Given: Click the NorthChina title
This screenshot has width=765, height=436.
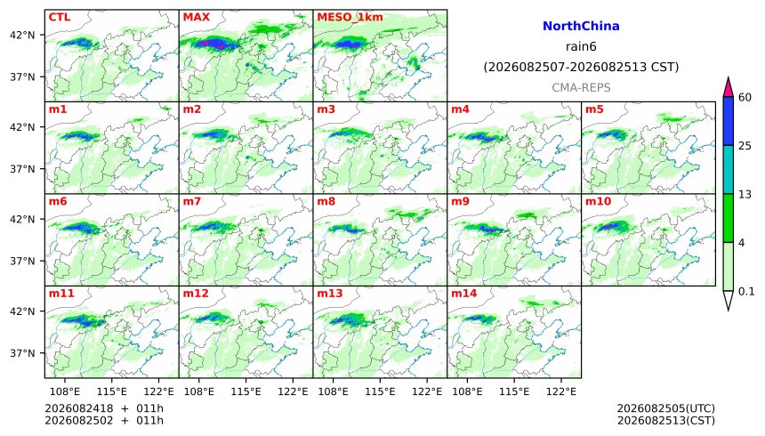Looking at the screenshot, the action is [581, 27].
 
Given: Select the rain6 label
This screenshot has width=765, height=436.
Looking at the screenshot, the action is [581, 47].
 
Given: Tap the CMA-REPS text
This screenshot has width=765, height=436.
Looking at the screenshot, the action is [581, 88].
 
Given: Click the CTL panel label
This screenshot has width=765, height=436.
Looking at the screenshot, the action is [60, 17].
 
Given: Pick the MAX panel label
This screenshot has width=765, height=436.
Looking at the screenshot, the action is [196, 17].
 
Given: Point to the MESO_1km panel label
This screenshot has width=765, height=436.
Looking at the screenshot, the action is [350, 18].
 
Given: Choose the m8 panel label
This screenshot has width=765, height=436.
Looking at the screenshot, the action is [326, 201].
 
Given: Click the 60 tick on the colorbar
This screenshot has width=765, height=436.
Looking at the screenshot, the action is [745, 98].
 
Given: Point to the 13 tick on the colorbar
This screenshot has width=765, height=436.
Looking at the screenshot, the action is [745, 194].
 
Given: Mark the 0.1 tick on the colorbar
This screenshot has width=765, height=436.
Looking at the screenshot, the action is [746, 292].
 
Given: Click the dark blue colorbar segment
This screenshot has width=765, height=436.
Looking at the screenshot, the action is [728, 121].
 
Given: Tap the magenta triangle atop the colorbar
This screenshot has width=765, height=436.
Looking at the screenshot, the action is [728, 89].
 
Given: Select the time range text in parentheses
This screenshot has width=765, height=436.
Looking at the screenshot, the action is [581, 67].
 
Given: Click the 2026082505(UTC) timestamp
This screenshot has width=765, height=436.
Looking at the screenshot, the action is [666, 408].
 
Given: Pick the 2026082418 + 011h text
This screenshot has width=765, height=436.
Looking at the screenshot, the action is [104, 408].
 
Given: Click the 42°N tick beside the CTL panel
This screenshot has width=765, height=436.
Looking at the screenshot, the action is [23, 36].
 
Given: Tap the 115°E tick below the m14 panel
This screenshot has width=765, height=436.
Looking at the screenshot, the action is [514, 392].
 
